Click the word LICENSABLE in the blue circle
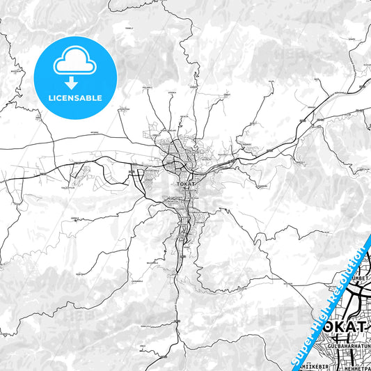click(x=74, y=97)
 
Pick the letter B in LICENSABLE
click(x=90, y=97)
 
